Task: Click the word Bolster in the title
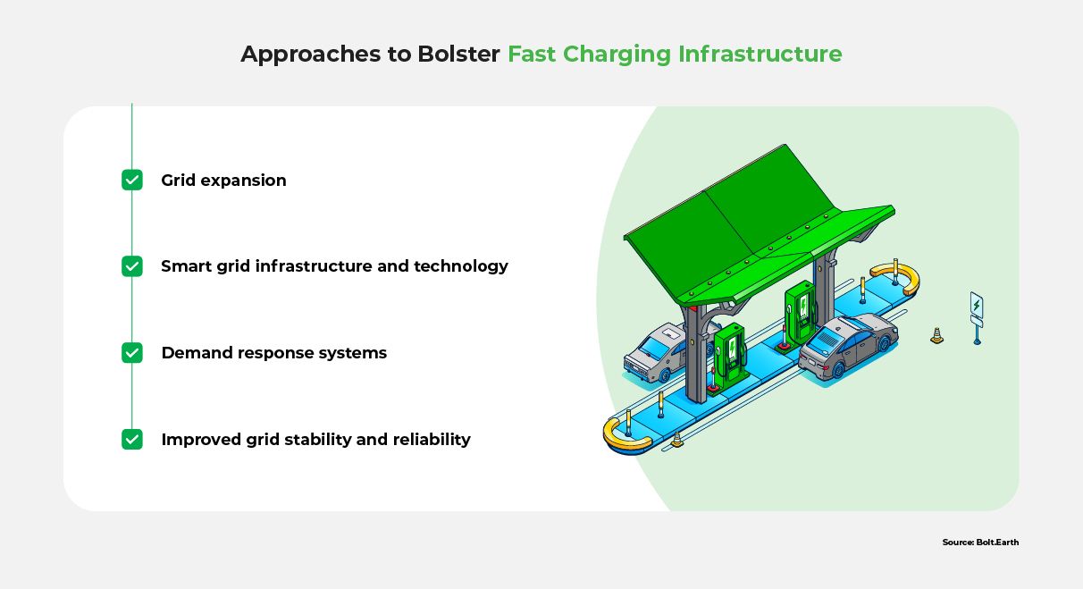coord(458,55)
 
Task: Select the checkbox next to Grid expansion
coord(132,181)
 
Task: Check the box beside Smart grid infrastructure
coord(132,266)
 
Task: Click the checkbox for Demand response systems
coord(132,353)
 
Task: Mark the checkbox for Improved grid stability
coord(132,440)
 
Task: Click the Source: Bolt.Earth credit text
coord(980,543)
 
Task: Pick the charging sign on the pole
coord(977,307)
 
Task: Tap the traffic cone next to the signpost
coord(936,336)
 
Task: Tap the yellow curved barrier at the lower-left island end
coord(624,435)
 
